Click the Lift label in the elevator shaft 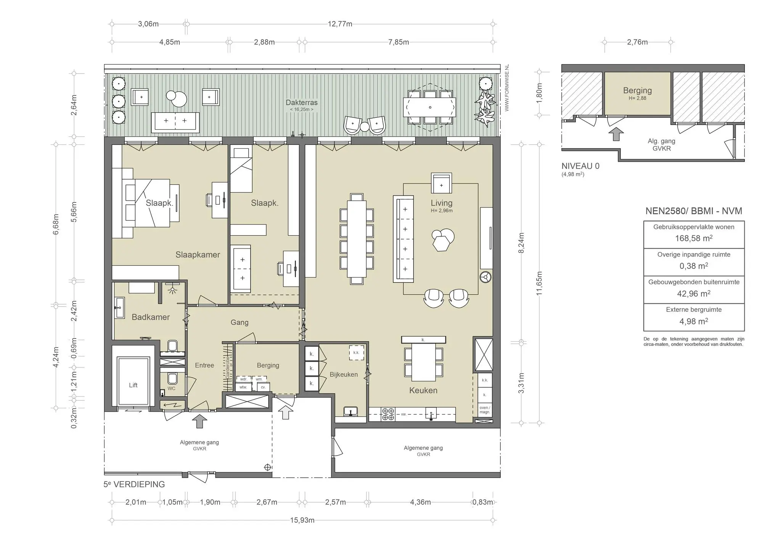point(133,385)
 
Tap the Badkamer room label point(151,317)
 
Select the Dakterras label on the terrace point(302,103)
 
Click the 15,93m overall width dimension point(302,520)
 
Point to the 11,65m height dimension point(539,283)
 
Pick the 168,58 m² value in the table point(694,239)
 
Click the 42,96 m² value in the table point(694,294)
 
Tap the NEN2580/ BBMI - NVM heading point(694,211)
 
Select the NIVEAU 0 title point(580,166)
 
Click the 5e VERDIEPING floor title point(134,485)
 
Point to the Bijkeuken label point(344,375)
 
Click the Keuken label point(423,390)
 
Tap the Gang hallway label point(239,323)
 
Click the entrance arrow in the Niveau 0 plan point(616,134)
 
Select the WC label point(172,388)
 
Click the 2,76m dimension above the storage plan point(637,42)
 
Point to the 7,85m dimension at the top point(399,42)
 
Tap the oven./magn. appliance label point(485,410)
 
